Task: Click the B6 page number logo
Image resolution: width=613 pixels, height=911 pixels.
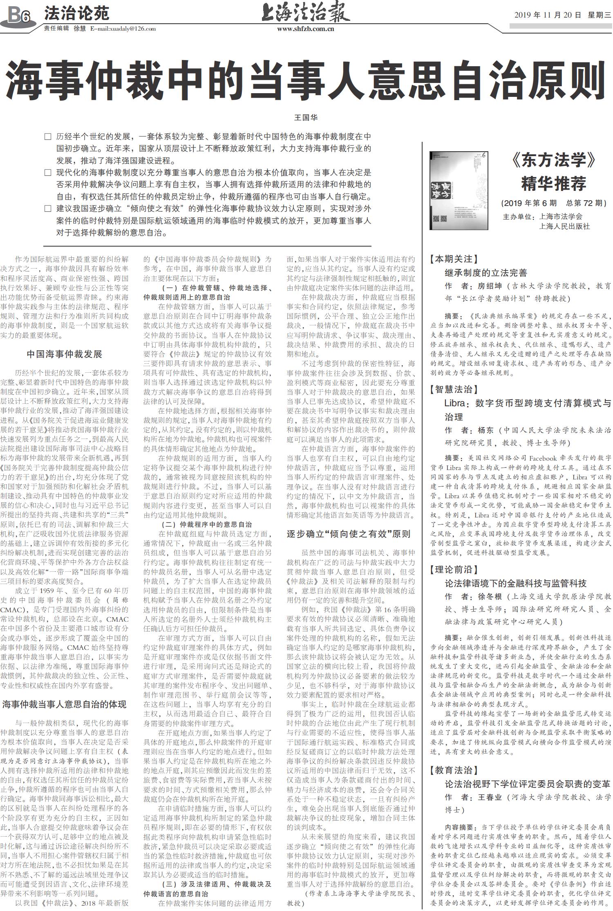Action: pos(19,16)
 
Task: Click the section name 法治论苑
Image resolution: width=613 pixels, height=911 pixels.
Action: pos(76,13)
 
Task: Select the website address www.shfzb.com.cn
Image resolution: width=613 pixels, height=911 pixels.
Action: pos(306,29)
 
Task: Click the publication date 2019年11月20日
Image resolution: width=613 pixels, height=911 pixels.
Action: pos(548,15)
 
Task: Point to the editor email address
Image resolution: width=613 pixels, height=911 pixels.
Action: pos(123,29)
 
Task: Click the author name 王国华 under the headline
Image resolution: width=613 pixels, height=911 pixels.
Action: pos(306,117)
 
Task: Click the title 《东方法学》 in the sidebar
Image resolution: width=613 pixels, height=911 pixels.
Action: pos(554,160)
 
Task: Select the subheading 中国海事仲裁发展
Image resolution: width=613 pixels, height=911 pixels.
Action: pos(64,354)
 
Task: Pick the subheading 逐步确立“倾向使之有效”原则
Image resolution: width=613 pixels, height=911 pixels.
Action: pos(348,534)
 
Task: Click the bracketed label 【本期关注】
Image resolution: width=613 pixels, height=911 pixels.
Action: pos(454,259)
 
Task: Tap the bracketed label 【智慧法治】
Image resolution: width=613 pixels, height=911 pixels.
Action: pos(454,389)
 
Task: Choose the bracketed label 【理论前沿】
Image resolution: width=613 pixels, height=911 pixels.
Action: pos(454,569)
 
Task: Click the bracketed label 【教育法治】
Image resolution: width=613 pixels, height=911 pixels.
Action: pos(454,770)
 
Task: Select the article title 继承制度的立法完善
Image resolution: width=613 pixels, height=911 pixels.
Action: pos(486,273)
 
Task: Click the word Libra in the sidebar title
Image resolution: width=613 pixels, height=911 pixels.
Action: pos(454,403)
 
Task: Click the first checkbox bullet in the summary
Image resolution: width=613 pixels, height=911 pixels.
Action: pos(48,137)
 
